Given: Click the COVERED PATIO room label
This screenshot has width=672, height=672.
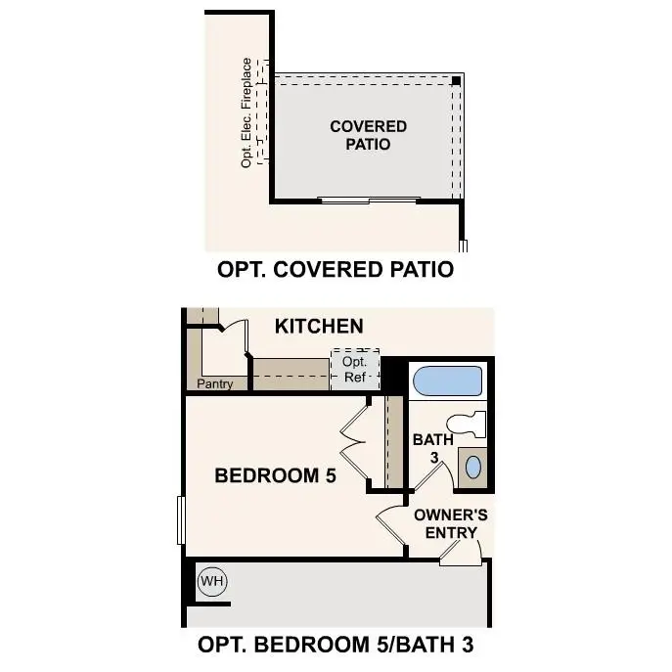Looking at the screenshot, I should click(368, 135).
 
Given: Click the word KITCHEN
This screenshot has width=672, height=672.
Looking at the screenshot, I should click(319, 326).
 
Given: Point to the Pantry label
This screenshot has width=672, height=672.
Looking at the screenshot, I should click(215, 383).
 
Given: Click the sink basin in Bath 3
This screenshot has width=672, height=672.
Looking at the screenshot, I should click(473, 466).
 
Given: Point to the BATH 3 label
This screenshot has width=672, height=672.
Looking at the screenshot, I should click(432, 448).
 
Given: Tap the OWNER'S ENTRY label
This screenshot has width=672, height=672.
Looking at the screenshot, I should click(451, 523).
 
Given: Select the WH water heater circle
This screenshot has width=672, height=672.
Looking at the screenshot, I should click(212, 582).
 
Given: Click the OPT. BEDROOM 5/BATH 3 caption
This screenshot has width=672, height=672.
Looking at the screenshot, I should click(337, 646).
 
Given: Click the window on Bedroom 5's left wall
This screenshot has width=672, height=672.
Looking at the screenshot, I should click(181, 519).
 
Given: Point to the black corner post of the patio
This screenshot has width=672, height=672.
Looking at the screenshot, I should click(457, 80).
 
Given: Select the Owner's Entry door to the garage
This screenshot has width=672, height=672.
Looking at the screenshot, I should click(459, 555).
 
